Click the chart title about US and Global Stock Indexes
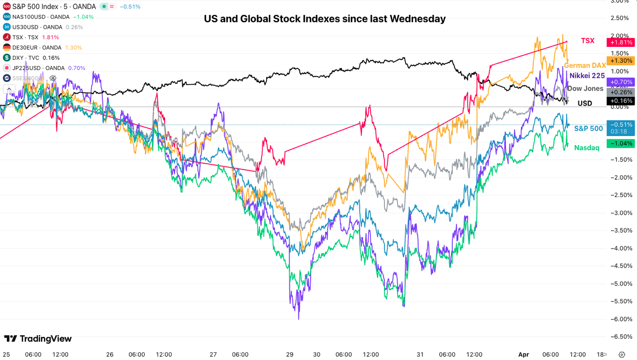[x=324, y=19]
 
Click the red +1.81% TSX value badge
[x=620, y=42]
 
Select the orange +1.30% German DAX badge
[x=620, y=61]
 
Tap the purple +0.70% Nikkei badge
[x=620, y=82]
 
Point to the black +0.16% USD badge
[x=620, y=101]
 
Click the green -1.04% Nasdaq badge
[x=620, y=143]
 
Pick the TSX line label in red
[x=587, y=41]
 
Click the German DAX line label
[x=585, y=66]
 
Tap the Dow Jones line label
[x=585, y=88]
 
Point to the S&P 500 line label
[x=588, y=128]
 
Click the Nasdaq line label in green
[x=586, y=147]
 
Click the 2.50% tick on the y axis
[x=623, y=18]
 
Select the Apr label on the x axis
[x=524, y=354]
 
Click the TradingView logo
[x=38, y=339]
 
